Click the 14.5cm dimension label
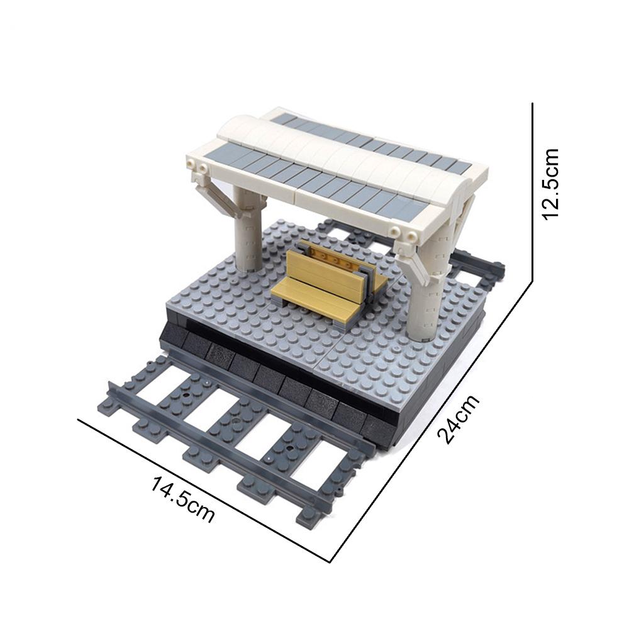tap(182, 500)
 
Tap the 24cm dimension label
tap(458, 419)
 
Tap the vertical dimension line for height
tap(532, 192)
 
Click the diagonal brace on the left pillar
tap(210, 196)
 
